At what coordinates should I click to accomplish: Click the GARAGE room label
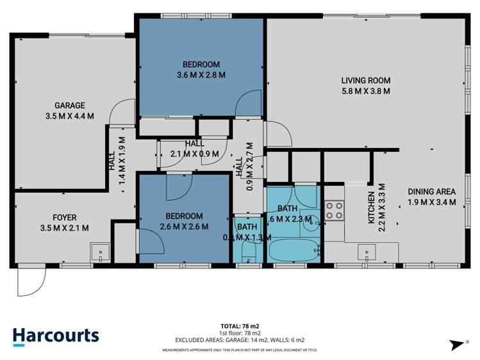(x=70, y=106)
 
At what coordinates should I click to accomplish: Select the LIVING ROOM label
(x=365, y=81)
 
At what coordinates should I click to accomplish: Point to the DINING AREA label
(x=432, y=192)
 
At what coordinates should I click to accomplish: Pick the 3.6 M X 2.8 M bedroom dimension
(x=201, y=74)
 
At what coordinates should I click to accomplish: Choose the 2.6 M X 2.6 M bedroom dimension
(x=183, y=226)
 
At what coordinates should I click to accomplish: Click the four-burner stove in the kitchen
(x=334, y=211)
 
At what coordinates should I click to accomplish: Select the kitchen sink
(x=367, y=252)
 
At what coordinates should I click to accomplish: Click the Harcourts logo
(x=56, y=336)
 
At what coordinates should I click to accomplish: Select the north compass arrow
(x=458, y=345)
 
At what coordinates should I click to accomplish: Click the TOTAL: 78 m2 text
(x=240, y=326)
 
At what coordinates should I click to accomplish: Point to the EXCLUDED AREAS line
(x=240, y=340)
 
